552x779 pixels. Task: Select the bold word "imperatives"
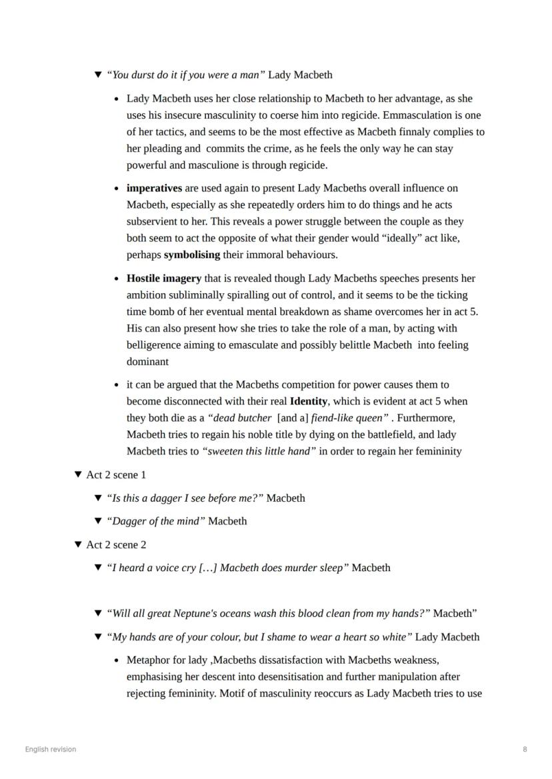point(154,189)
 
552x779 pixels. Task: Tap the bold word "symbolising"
point(192,255)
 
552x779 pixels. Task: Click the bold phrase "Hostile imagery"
point(164,279)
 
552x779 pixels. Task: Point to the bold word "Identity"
point(309,401)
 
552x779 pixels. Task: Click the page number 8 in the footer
point(525,749)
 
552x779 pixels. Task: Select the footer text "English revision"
point(51,749)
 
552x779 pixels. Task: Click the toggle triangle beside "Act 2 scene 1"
point(78,475)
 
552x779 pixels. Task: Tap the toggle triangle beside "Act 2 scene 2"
point(78,545)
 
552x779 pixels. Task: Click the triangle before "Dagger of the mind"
point(99,521)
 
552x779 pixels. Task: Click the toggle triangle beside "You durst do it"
point(99,75)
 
